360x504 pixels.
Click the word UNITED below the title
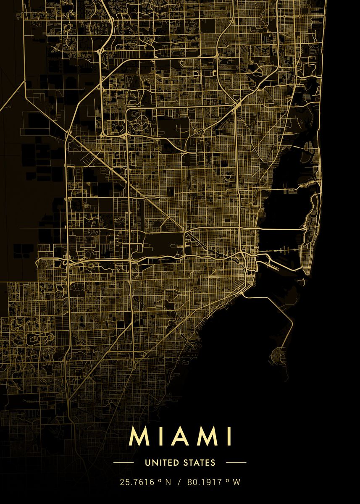point(162,463)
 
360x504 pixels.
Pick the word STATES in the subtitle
point(199,463)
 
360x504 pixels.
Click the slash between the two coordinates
point(179,483)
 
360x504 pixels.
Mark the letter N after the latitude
point(168,483)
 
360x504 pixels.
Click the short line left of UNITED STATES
point(124,463)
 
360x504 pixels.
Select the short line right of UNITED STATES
point(236,463)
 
